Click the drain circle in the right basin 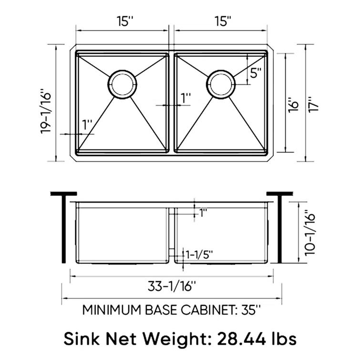pos(220,85)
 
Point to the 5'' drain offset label pos(256,73)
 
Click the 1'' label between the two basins pos(185,98)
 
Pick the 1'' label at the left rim pos(87,125)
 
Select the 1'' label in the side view pos(203,213)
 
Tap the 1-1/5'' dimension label pos(200,253)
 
